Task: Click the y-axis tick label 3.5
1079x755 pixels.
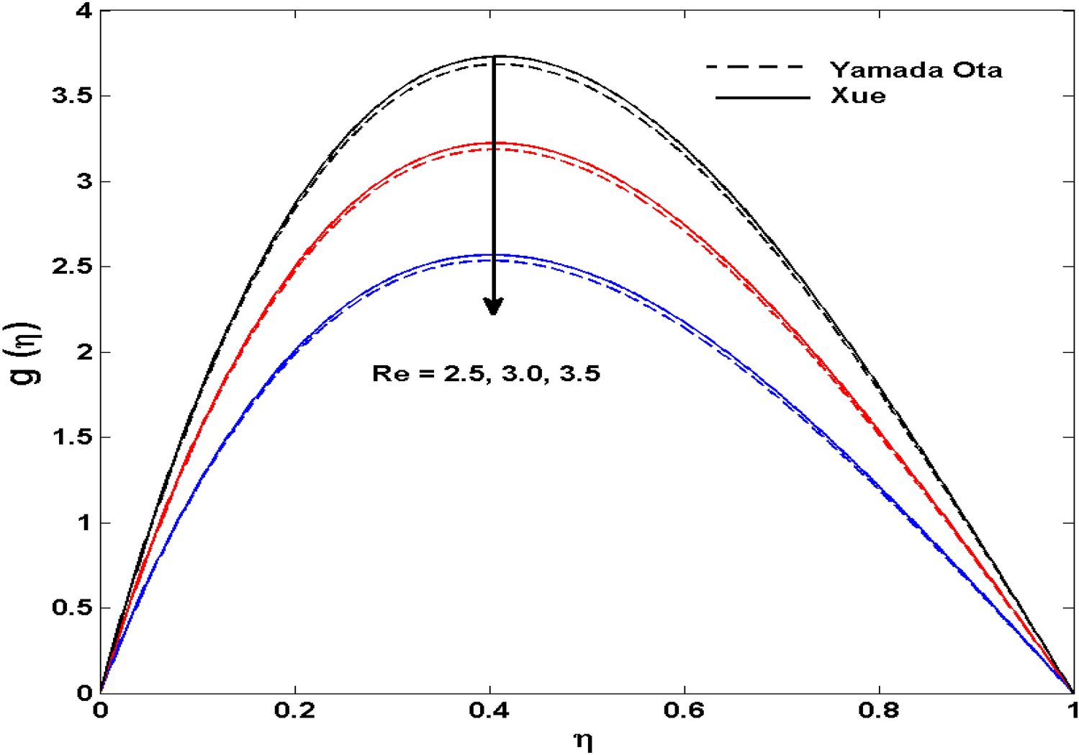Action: click(x=73, y=96)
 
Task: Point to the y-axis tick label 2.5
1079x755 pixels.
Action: click(x=73, y=267)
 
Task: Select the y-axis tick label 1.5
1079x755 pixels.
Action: click(x=73, y=437)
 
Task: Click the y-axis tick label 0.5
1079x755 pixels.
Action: click(x=73, y=608)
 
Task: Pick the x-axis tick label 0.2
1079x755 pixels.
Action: click(x=295, y=711)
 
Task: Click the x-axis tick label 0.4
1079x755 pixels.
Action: click(x=489, y=711)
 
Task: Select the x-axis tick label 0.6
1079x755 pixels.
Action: click(x=685, y=711)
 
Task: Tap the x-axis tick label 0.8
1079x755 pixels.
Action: click(x=879, y=711)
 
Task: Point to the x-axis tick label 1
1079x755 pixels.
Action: click(x=1073, y=711)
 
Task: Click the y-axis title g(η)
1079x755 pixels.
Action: click(x=27, y=354)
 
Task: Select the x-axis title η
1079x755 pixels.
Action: click(x=583, y=740)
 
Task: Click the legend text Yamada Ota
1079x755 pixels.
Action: click(x=916, y=70)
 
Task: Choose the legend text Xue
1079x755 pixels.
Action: click(x=858, y=96)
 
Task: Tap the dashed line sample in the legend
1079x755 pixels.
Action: click(x=754, y=67)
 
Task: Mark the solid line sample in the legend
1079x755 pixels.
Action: click(x=763, y=97)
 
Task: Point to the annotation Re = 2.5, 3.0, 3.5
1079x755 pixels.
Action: click(x=486, y=373)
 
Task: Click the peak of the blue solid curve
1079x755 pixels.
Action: click(x=493, y=255)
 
